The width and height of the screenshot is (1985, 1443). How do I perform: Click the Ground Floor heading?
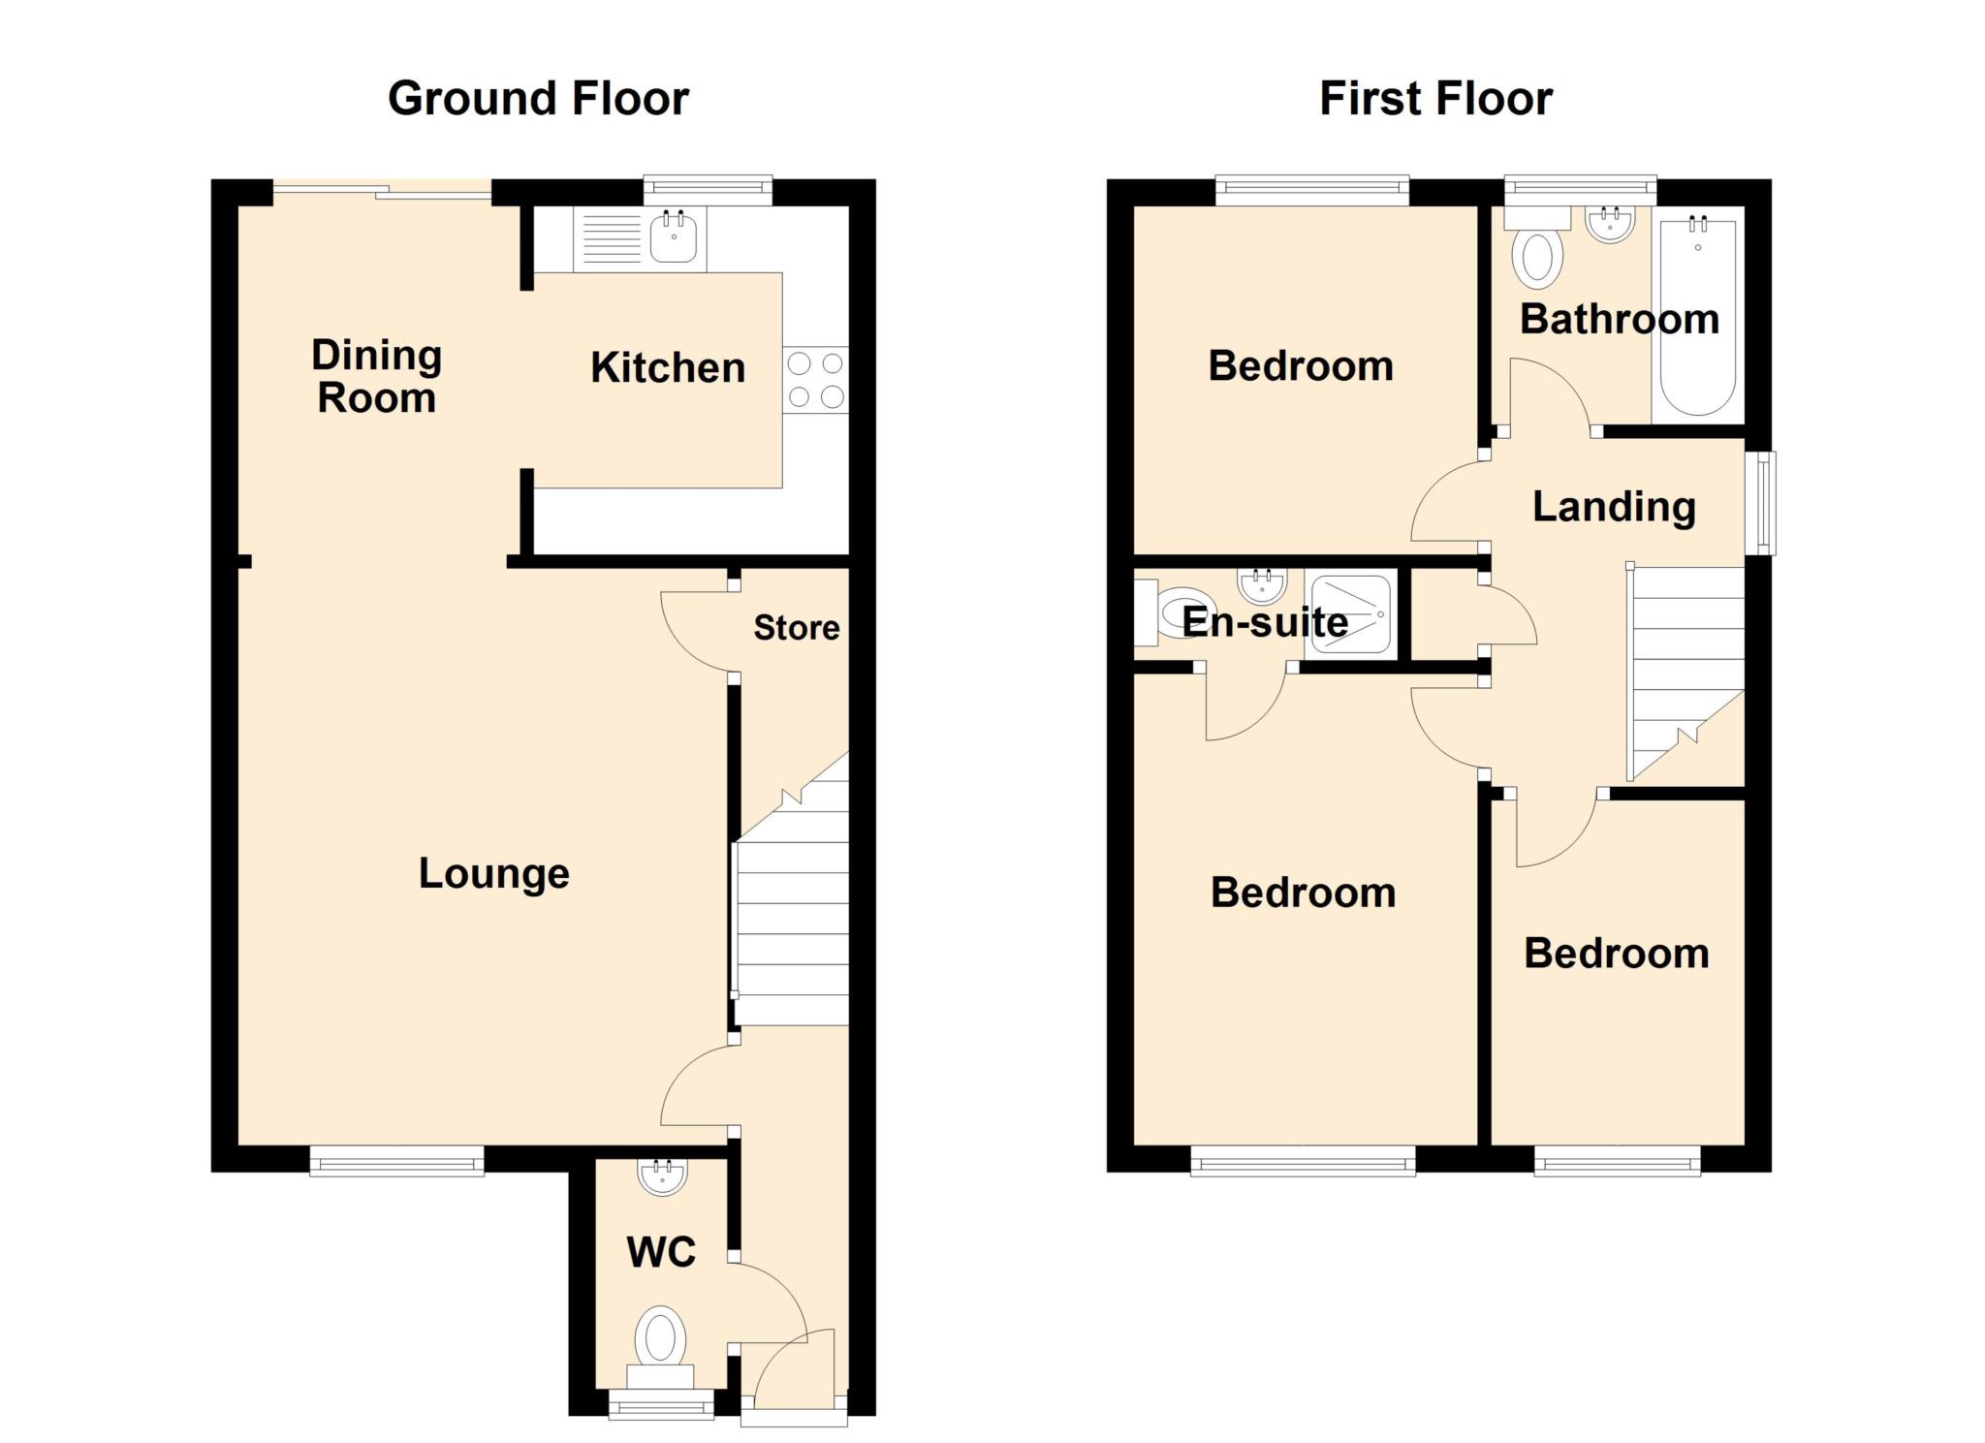coord(538,99)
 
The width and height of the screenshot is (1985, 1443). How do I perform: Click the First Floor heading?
coord(1435,99)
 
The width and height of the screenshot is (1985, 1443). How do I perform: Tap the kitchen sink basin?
coord(674,237)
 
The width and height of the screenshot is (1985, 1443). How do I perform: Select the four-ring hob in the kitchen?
coord(815,380)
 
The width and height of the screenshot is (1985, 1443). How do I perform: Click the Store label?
coord(797,628)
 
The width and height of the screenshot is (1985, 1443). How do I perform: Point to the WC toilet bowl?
coord(661,1338)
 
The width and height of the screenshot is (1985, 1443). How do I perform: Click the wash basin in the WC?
coord(663,1176)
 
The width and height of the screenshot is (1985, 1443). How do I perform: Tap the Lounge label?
coord(493,874)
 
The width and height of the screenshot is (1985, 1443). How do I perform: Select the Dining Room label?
coord(377,376)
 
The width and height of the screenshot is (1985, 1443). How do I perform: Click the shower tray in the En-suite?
coord(1352,612)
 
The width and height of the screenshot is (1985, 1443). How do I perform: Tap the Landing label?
coord(1614,507)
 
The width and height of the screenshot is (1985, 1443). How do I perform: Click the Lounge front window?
coord(396,1161)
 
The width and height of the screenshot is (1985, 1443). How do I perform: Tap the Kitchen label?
coord(668,368)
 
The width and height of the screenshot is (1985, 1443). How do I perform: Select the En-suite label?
coord(1265,622)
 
